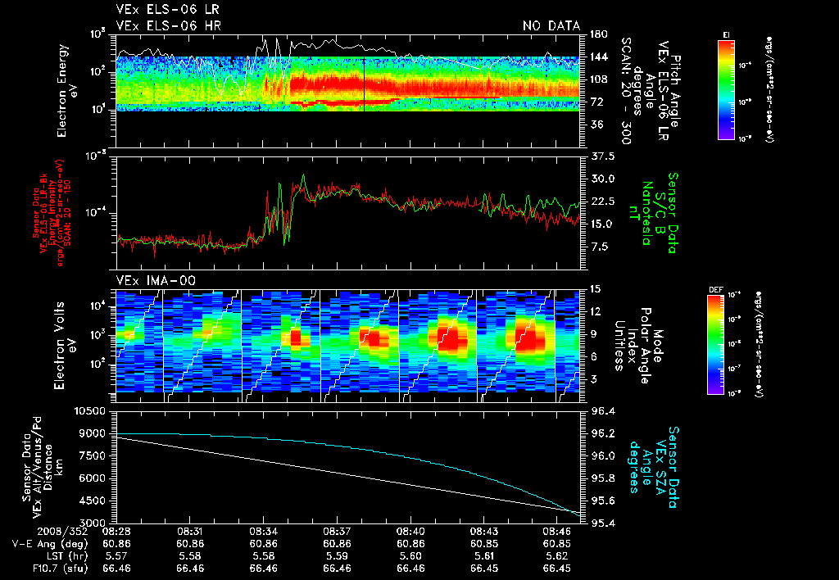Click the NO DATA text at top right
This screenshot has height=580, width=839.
(x=551, y=26)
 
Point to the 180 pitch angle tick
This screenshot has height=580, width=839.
(x=596, y=34)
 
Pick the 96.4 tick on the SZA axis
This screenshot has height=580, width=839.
(x=604, y=410)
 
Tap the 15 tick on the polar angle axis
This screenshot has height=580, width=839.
(x=596, y=288)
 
